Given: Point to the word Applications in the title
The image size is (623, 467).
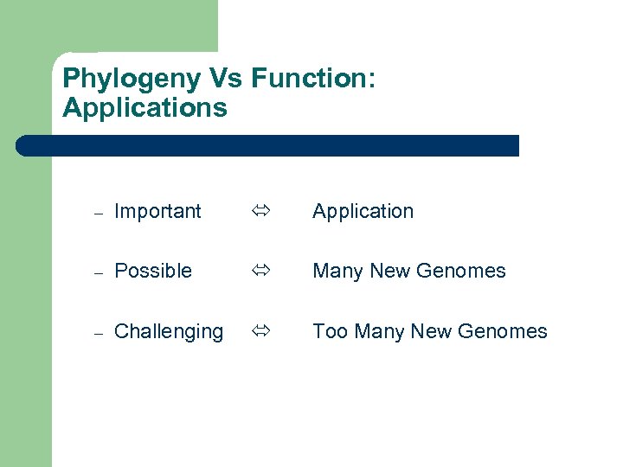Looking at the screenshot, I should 145,108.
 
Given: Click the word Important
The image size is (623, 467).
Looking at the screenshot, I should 157,211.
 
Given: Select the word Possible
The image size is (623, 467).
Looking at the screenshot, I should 153,271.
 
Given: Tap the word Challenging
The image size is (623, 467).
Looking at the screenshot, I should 169,332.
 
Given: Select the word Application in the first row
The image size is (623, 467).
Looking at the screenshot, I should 363,212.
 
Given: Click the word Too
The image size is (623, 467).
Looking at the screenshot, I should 329,331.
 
